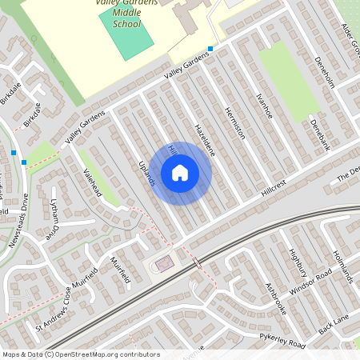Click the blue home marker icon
click(x=180, y=173)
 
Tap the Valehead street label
click(x=92, y=184)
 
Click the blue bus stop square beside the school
click(x=210, y=49)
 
